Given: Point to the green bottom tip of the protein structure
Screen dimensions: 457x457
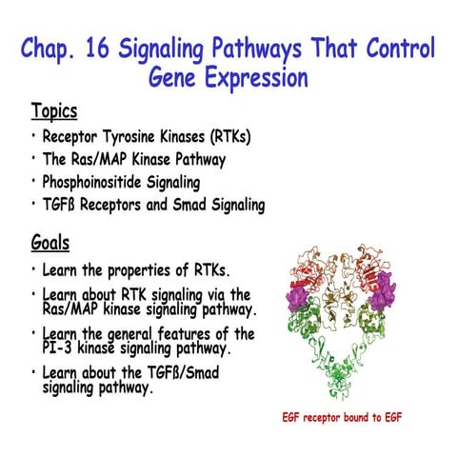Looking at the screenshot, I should [x=350, y=395].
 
